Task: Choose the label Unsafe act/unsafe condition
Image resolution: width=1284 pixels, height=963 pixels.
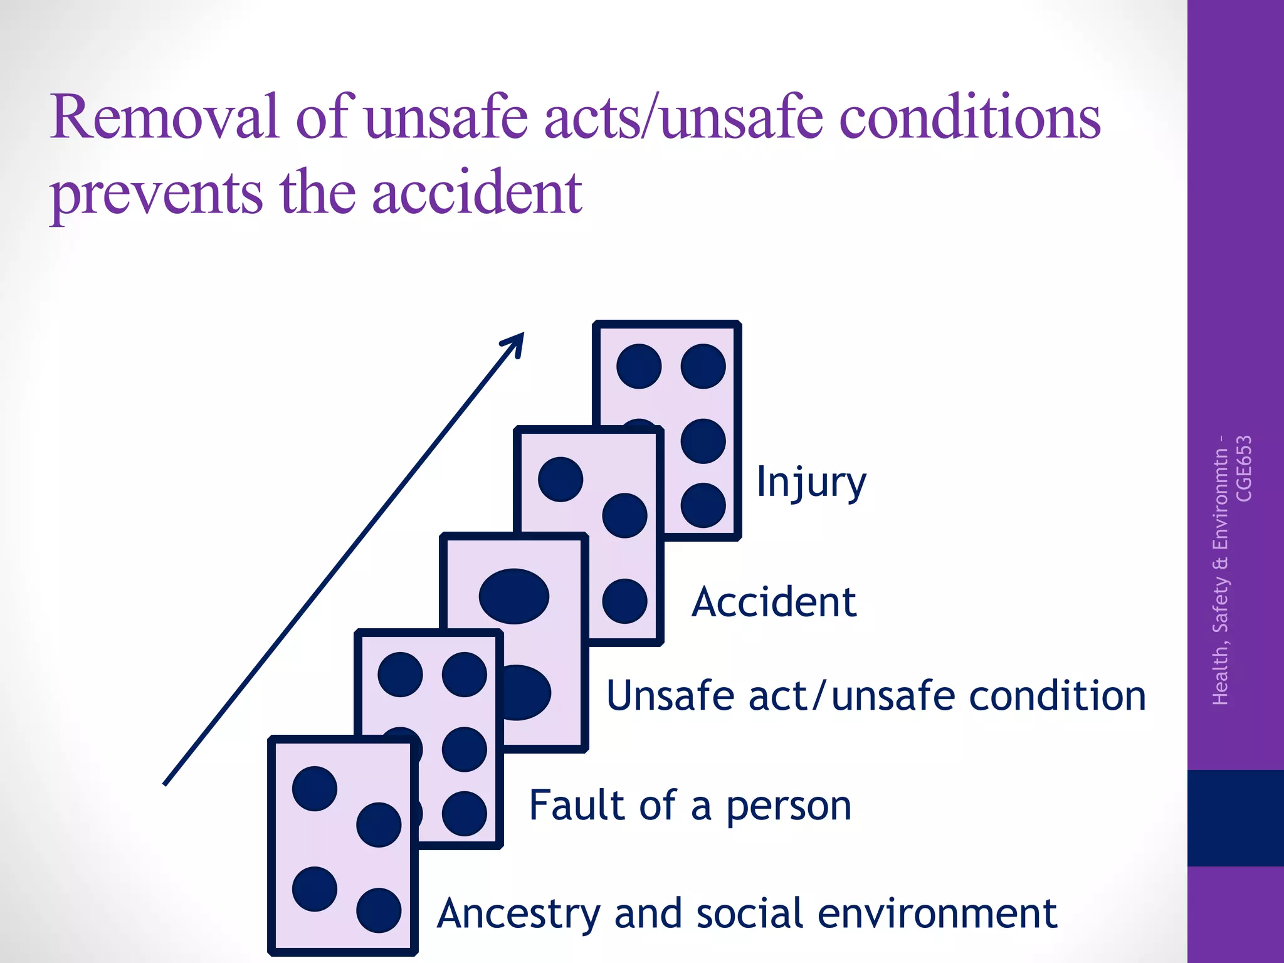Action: coord(876,696)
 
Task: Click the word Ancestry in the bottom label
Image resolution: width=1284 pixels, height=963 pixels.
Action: coord(518,914)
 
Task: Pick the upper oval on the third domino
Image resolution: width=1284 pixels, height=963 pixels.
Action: coord(514,596)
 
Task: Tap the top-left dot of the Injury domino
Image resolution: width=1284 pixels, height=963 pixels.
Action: coord(639,366)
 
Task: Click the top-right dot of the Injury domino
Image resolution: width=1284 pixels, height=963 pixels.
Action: coord(703,366)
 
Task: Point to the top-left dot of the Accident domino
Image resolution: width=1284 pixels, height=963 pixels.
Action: coord(560,480)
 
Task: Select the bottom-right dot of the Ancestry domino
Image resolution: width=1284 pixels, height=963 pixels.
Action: coord(379,910)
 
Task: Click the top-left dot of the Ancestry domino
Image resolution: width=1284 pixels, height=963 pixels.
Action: coord(315,789)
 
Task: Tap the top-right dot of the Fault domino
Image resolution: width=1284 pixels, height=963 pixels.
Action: coord(465,675)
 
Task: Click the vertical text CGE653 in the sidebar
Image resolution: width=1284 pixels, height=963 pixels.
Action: coord(1244,468)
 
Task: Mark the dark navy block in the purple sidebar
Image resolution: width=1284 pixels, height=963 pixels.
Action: coord(1235,818)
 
